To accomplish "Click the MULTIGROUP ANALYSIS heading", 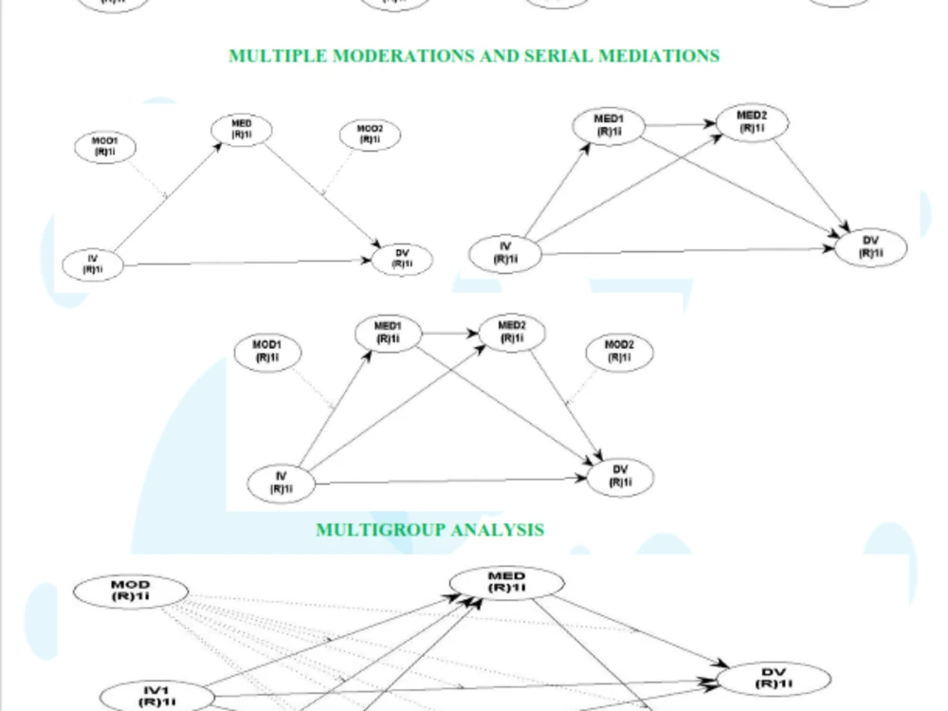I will pos(429,529).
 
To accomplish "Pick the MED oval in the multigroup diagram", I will pos(506,582).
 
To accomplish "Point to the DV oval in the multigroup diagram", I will pos(774,679).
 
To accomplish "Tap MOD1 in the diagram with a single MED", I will pos(105,148).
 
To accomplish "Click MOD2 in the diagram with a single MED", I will pos(370,135).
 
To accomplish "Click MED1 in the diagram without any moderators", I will pos(607,125).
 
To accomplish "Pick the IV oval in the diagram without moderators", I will pos(506,253).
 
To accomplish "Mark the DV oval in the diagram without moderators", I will pos(870,246).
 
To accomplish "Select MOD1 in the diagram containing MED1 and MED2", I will pos(267,352).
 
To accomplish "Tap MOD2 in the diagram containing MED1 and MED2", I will pos(619,352).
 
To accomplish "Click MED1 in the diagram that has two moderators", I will pos(386,333).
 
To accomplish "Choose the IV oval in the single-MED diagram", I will pos(93,264).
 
